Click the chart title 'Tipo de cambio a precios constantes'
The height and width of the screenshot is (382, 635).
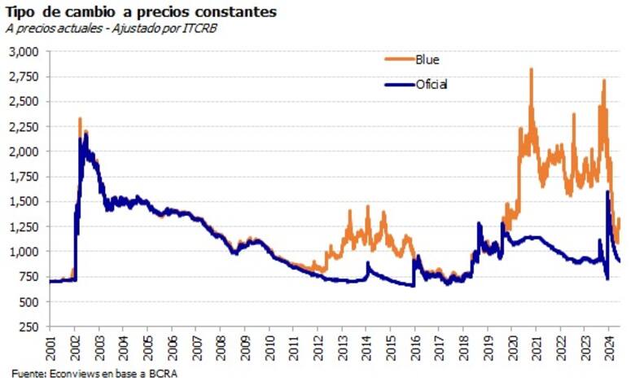(x=140, y=12)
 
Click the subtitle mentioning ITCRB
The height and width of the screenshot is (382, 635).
(x=112, y=29)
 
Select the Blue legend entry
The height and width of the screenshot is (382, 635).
(x=427, y=59)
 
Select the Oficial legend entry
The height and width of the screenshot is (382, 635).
(x=431, y=84)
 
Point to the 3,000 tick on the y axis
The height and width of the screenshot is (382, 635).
(x=24, y=51)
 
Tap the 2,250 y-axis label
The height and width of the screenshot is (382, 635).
(x=24, y=126)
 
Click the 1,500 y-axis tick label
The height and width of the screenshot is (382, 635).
(x=24, y=201)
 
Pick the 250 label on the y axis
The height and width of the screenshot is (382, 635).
(x=29, y=327)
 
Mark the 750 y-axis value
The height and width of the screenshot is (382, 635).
(x=29, y=276)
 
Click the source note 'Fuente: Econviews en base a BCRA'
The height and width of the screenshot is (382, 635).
(x=91, y=373)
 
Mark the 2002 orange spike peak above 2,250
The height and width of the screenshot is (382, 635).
(x=80, y=119)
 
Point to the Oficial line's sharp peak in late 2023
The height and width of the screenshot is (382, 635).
(x=607, y=192)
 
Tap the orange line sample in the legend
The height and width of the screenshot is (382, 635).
(x=398, y=59)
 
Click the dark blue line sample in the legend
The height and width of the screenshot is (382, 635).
(x=398, y=84)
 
